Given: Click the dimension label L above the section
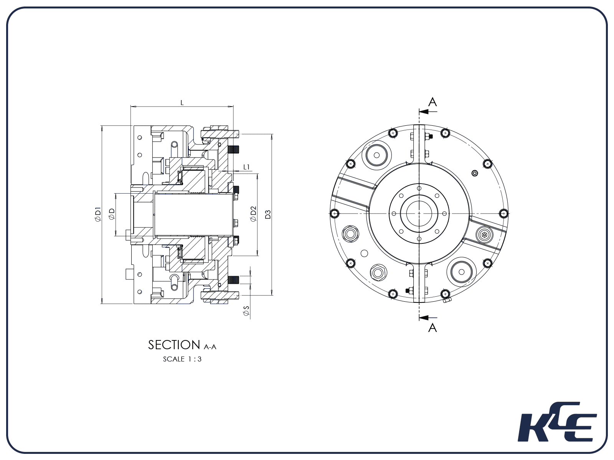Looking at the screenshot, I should [182, 103].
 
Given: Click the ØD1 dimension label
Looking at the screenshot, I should [97, 214].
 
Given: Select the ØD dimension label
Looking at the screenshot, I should [112, 214].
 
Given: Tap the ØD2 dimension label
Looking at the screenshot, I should [253, 214].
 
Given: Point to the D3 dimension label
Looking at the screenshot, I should [268, 214].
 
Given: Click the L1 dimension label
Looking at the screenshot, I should [247, 167].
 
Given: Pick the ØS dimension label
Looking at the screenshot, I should [246, 311].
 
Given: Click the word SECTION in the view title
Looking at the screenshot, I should [174, 345].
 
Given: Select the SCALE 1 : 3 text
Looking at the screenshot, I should [182, 359].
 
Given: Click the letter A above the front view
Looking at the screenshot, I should [432, 102].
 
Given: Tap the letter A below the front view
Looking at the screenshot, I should [432, 328].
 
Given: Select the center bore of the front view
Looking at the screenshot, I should [419, 213].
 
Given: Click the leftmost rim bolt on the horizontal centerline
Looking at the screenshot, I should [335, 213].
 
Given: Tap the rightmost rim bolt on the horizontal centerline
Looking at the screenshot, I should [503, 213].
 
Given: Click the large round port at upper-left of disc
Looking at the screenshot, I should [376, 155].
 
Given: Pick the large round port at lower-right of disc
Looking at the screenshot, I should [462, 272].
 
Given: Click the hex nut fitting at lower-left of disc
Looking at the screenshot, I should [378, 273].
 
